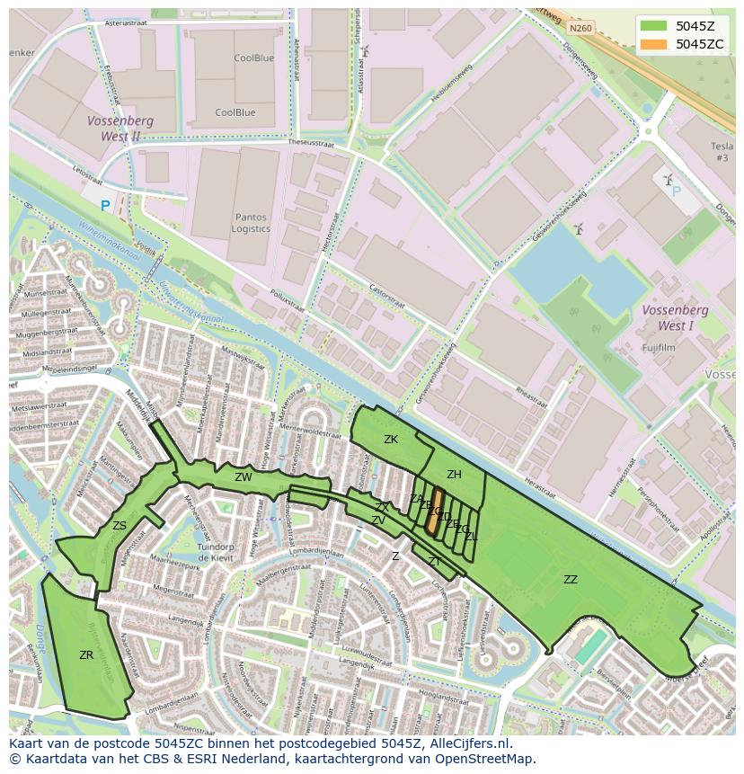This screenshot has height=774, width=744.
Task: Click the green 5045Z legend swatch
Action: [x=653, y=26]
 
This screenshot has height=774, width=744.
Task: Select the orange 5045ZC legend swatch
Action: [x=653, y=44]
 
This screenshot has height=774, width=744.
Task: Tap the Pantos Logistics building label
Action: [x=250, y=223]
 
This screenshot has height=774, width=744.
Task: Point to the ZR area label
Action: [x=86, y=655]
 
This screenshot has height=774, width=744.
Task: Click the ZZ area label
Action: [x=571, y=580]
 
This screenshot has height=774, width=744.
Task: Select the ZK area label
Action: [x=391, y=440]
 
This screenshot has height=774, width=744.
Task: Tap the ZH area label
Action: [x=454, y=475]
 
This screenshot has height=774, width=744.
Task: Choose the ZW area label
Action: [x=243, y=477]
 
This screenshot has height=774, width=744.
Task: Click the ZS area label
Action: [x=120, y=526]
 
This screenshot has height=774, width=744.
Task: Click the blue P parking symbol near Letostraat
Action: [x=105, y=206]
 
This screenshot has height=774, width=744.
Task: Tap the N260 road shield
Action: [x=580, y=28]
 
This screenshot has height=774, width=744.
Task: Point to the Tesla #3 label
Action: [x=721, y=152]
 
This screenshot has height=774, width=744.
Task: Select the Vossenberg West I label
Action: [x=676, y=317]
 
